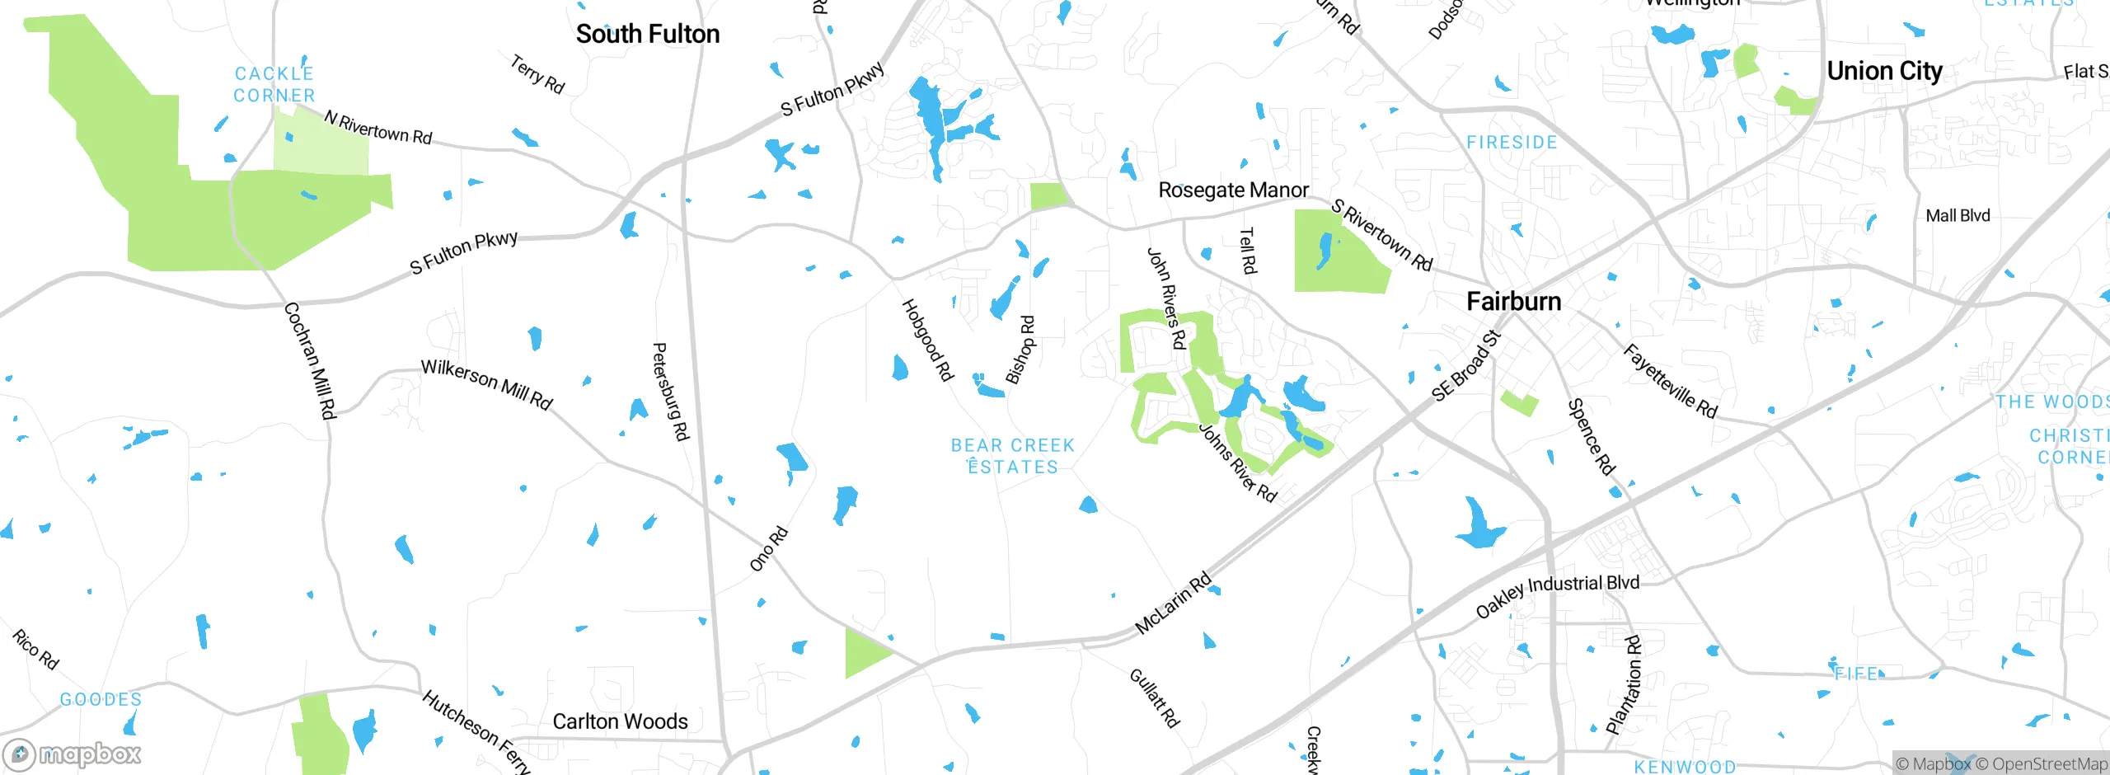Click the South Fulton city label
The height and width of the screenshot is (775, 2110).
point(648,35)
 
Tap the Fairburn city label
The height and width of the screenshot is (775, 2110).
point(1513,302)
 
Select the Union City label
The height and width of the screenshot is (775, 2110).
point(1884,72)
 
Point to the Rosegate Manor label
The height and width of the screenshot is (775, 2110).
point(1233,190)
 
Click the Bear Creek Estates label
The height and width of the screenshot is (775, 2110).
point(1013,456)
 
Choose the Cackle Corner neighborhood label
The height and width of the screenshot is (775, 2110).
point(274,85)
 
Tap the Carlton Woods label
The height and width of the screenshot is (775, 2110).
point(620,721)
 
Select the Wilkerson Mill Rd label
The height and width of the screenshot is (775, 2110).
point(486,384)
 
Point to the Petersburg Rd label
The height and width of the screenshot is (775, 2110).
point(670,392)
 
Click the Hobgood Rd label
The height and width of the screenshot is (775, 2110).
point(927,340)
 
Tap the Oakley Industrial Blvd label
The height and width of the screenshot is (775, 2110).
point(1557,595)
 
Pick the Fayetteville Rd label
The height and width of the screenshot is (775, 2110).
point(1670,381)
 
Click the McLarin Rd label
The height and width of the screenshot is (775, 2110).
point(1173,603)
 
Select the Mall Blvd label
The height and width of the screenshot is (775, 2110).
point(1958,216)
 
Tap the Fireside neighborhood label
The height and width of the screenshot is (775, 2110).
point(1512,143)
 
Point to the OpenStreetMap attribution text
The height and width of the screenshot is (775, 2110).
point(2049,764)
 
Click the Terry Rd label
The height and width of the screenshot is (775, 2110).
point(537,74)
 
